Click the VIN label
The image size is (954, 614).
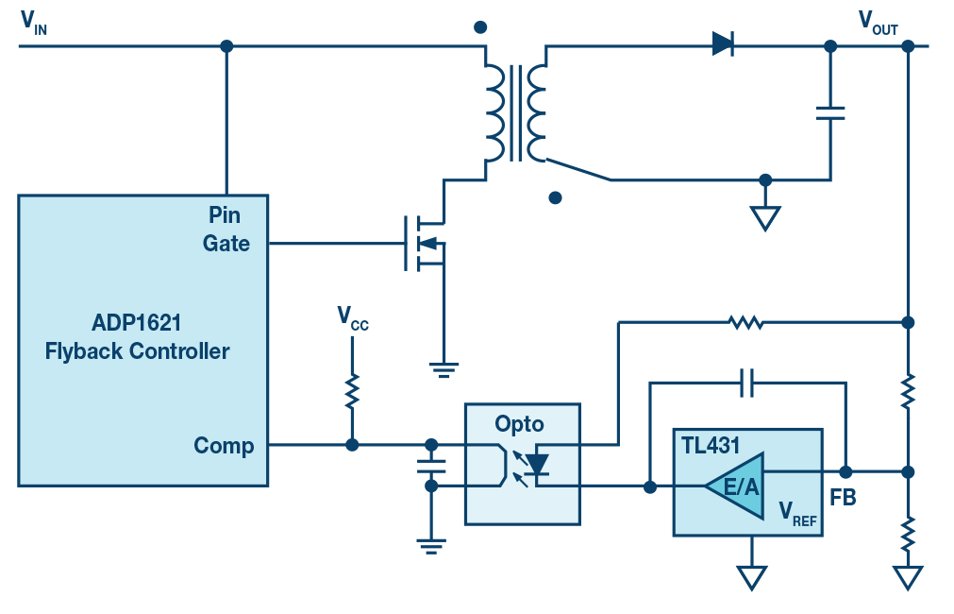click(33, 23)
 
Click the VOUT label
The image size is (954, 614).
click(878, 23)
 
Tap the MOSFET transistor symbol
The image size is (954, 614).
click(425, 243)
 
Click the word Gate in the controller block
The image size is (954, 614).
click(226, 243)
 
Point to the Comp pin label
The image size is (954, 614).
click(224, 446)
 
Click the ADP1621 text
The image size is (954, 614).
click(136, 322)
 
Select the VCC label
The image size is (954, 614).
click(352, 318)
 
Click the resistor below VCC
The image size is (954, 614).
click(352, 391)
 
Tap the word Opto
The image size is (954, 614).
click(519, 424)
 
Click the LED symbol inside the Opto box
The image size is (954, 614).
click(537, 464)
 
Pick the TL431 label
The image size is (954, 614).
click(710, 445)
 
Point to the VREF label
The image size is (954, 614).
click(797, 513)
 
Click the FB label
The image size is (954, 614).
click(843, 498)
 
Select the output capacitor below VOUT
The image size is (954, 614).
click(830, 113)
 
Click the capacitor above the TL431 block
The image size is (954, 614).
click(747, 383)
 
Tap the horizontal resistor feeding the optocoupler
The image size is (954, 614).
click(745, 322)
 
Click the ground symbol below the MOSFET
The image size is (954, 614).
click(444, 369)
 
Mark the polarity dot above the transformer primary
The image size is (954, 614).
click(480, 26)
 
